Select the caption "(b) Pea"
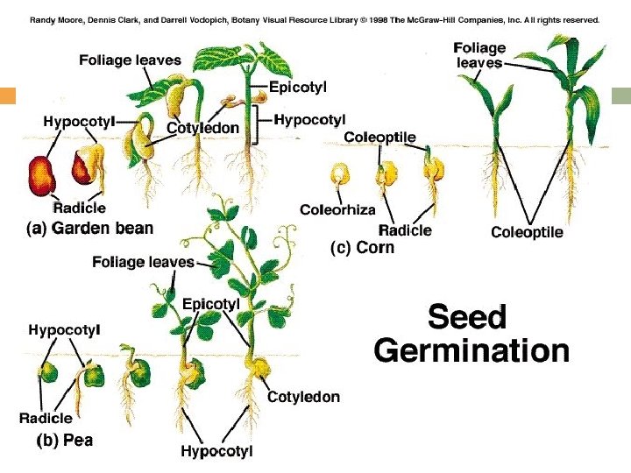coord(64,441)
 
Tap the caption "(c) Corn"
coord(362,248)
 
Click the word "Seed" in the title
coord(466,316)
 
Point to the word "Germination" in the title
coord(471,351)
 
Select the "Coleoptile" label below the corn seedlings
coord(527,232)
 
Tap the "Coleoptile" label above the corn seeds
coord(379,138)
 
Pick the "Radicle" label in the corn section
coord(405,230)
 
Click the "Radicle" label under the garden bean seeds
coord(79,208)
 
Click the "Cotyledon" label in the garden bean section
coord(203,128)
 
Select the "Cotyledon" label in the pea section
coord(303,397)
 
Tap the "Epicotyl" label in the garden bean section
coord(295,87)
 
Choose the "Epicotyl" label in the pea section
coord(211,304)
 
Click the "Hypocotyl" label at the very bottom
coord(216,452)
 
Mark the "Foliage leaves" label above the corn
coord(480,55)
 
